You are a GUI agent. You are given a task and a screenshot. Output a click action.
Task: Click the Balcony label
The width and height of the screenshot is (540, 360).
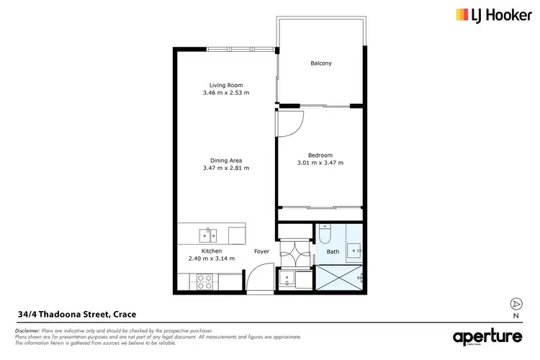click(x=321, y=63)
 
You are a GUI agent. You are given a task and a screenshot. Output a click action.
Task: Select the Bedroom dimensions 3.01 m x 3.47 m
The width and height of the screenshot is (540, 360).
click(x=321, y=163)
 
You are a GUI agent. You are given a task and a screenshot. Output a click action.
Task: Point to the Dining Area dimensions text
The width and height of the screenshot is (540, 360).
click(x=226, y=168)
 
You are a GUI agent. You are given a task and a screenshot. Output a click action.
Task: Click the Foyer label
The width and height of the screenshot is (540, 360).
click(x=262, y=251)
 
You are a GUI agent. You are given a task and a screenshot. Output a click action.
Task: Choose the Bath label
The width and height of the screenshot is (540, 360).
click(x=333, y=252)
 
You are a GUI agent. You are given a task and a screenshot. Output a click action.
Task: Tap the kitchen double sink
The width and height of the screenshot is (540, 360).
click(x=209, y=233)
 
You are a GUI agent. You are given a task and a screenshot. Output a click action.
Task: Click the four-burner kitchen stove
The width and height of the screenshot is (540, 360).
click(x=204, y=282)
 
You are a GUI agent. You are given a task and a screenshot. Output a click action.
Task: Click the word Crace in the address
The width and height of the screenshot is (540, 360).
click(x=122, y=314)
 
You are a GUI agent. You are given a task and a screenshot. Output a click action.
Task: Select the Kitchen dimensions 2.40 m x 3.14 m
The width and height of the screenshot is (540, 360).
click(x=212, y=258)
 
